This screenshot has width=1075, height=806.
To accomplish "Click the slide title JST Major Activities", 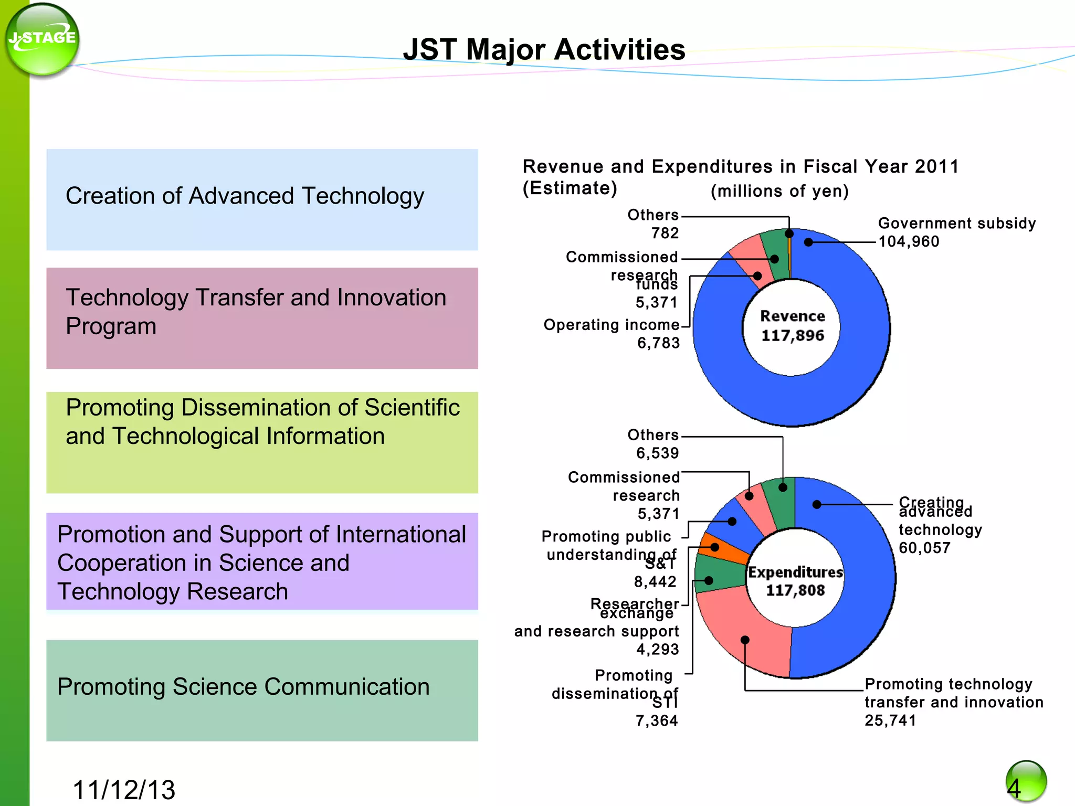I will [544, 50].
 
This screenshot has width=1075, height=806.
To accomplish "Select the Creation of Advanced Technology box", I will [262, 199].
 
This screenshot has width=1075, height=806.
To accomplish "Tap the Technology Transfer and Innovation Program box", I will [262, 318].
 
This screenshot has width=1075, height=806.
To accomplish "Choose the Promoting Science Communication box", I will [262, 690].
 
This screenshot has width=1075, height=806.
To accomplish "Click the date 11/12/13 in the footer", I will [124, 789].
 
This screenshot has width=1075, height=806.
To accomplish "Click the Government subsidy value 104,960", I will [909, 242].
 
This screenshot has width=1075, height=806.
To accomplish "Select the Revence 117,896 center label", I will [792, 326].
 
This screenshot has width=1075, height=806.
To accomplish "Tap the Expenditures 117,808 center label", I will [795, 581].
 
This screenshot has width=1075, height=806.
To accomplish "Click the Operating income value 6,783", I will [658, 343].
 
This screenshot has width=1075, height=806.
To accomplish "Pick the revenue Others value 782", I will [665, 233].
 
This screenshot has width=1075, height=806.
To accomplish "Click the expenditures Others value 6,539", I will [658, 453].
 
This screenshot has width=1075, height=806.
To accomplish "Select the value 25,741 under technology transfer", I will [890, 720].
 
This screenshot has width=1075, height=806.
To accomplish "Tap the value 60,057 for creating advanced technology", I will [924, 548].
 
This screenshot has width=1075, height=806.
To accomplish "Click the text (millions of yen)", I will [779, 191].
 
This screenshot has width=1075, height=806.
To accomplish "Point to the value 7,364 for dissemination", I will [657, 720].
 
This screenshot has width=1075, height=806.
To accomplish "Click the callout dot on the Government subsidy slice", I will [808, 242].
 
